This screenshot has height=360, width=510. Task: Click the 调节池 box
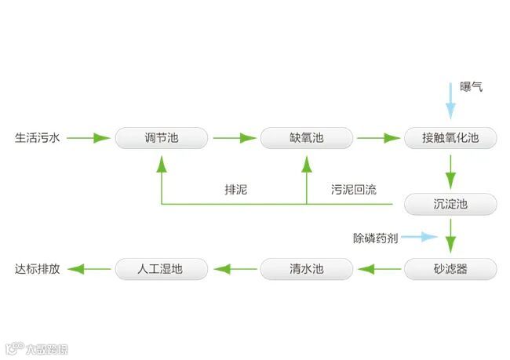[162, 139]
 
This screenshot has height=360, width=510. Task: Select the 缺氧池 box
[306, 139]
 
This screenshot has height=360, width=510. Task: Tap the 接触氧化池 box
[450, 139]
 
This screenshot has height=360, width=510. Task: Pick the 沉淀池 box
[450, 205]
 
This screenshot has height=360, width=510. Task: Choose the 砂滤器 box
[450, 269]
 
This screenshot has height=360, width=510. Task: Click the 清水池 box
[306, 269]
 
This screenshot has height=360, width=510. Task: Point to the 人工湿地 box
[162, 269]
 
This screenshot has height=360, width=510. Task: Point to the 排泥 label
[235, 189]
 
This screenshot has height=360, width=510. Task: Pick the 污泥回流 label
[353, 189]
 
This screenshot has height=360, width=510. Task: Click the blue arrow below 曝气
[450, 100]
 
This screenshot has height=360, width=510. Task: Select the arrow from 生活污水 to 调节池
[88, 139]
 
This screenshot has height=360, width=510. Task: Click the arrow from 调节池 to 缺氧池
[234, 139]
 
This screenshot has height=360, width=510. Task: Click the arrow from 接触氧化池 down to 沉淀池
[450, 169]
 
